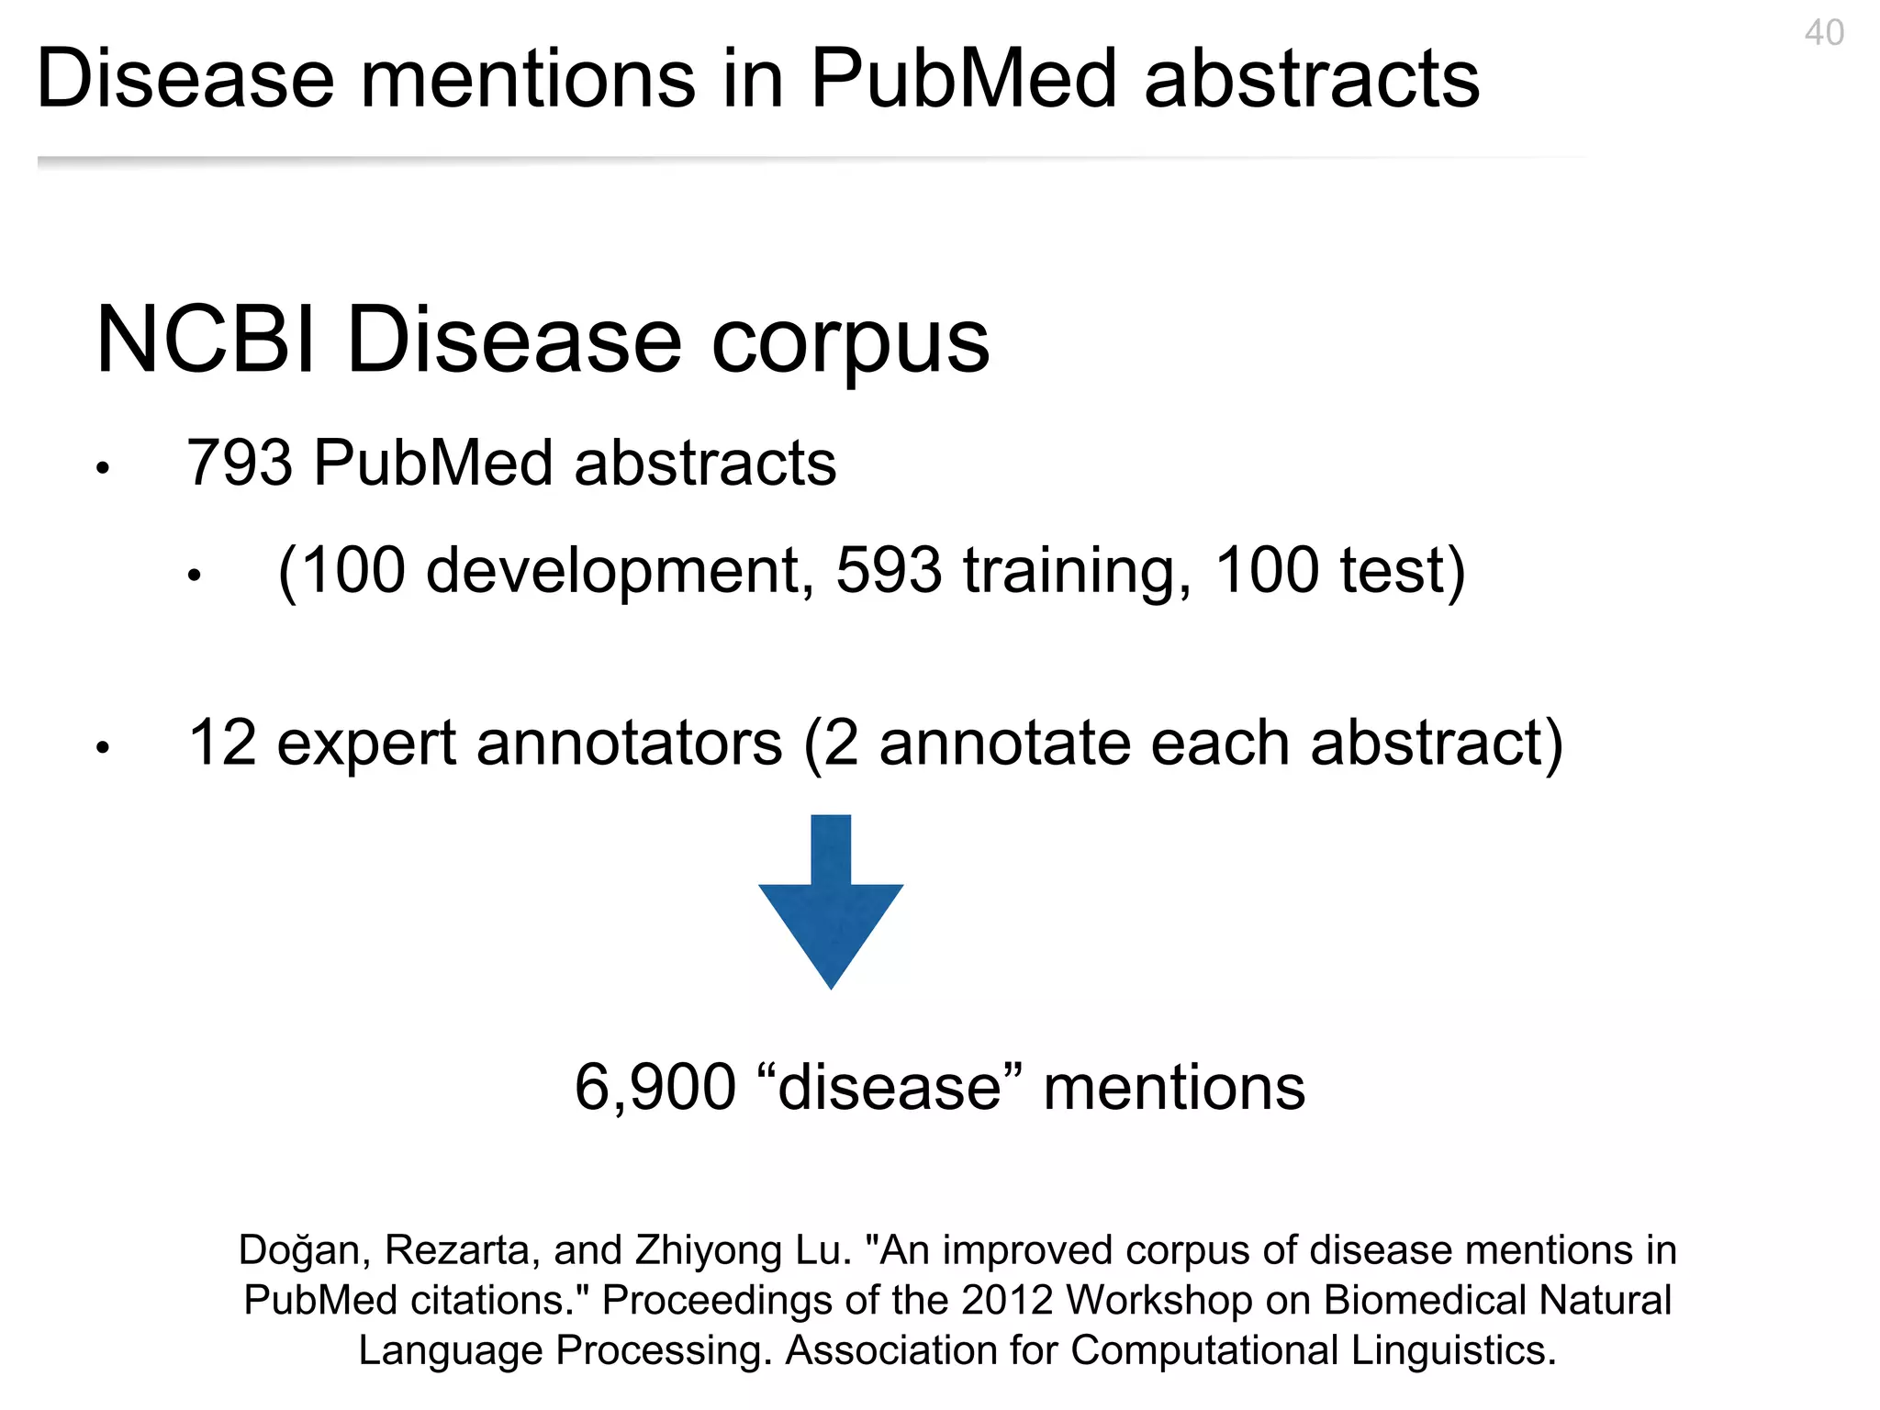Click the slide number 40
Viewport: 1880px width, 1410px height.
pos(1823,33)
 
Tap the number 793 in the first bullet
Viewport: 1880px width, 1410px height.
pos(240,463)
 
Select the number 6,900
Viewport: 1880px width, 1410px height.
pos(655,1088)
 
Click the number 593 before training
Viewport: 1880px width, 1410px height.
pos(888,571)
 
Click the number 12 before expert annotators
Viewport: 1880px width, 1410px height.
pos(221,743)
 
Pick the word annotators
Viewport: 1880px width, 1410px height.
pos(629,744)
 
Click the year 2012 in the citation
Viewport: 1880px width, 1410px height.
pos(1007,1301)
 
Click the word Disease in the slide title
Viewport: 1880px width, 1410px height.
pos(185,80)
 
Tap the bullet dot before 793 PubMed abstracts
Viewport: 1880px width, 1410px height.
pos(103,469)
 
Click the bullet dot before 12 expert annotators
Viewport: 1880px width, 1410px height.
pos(103,748)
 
